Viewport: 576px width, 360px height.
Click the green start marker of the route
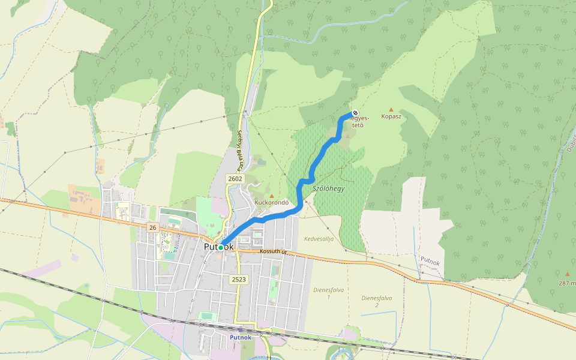(x=221, y=247)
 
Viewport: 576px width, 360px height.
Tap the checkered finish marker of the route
(x=355, y=113)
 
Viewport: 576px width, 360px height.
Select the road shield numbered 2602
(x=235, y=179)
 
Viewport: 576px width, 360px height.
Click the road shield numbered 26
(x=152, y=227)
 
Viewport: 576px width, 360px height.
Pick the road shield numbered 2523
(x=238, y=279)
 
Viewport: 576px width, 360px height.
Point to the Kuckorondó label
(x=272, y=203)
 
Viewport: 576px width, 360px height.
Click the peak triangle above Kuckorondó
(x=272, y=196)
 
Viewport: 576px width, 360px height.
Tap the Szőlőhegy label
(x=329, y=188)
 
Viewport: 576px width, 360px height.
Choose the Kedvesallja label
(x=318, y=239)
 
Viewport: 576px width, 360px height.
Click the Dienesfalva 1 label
(x=329, y=293)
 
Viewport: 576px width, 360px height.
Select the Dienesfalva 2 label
(x=377, y=301)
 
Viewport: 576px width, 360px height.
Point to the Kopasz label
(x=391, y=116)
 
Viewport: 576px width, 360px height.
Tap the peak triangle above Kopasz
(x=391, y=109)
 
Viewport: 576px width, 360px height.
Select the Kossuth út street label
(x=275, y=251)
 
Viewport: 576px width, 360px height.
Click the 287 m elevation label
(x=567, y=283)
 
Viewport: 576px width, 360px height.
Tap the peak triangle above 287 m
(x=567, y=274)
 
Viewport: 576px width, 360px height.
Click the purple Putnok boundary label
(x=430, y=260)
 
